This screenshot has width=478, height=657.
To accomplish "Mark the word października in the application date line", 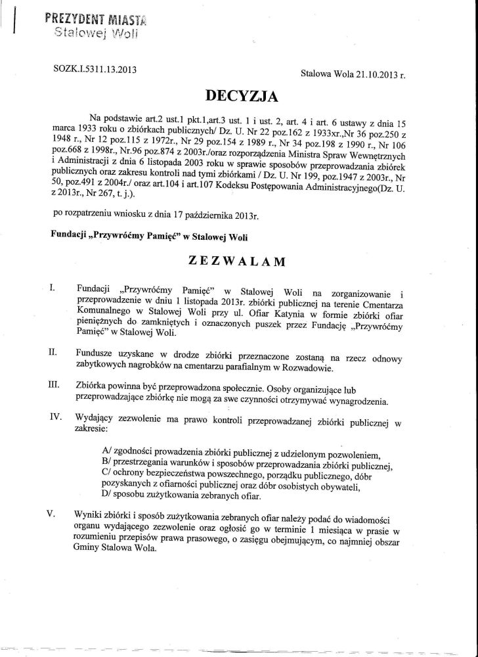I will [202, 214].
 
